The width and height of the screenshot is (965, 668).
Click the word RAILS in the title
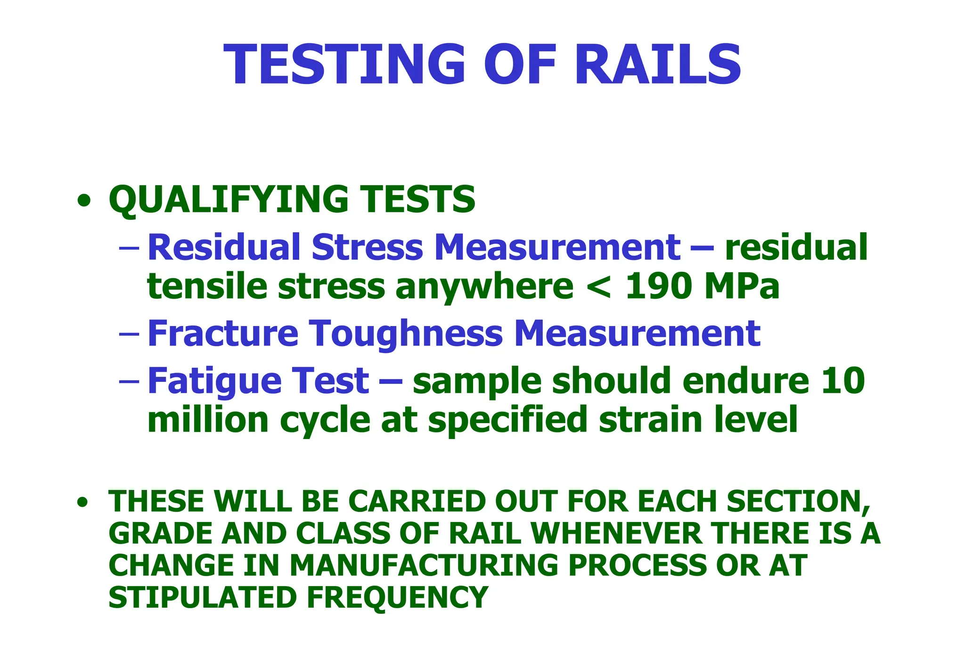(658, 65)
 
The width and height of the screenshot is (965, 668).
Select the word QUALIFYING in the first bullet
(229, 199)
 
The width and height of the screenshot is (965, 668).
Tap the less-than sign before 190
(599, 287)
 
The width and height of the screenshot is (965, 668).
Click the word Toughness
(406, 334)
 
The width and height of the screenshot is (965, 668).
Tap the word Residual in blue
(224, 247)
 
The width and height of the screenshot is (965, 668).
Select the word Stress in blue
(367, 247)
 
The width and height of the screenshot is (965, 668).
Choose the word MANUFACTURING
(423, 565)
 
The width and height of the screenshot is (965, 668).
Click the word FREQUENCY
(397, 597)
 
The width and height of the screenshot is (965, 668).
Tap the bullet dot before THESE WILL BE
(83, 503)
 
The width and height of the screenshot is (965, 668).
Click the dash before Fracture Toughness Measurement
(129, 333)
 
